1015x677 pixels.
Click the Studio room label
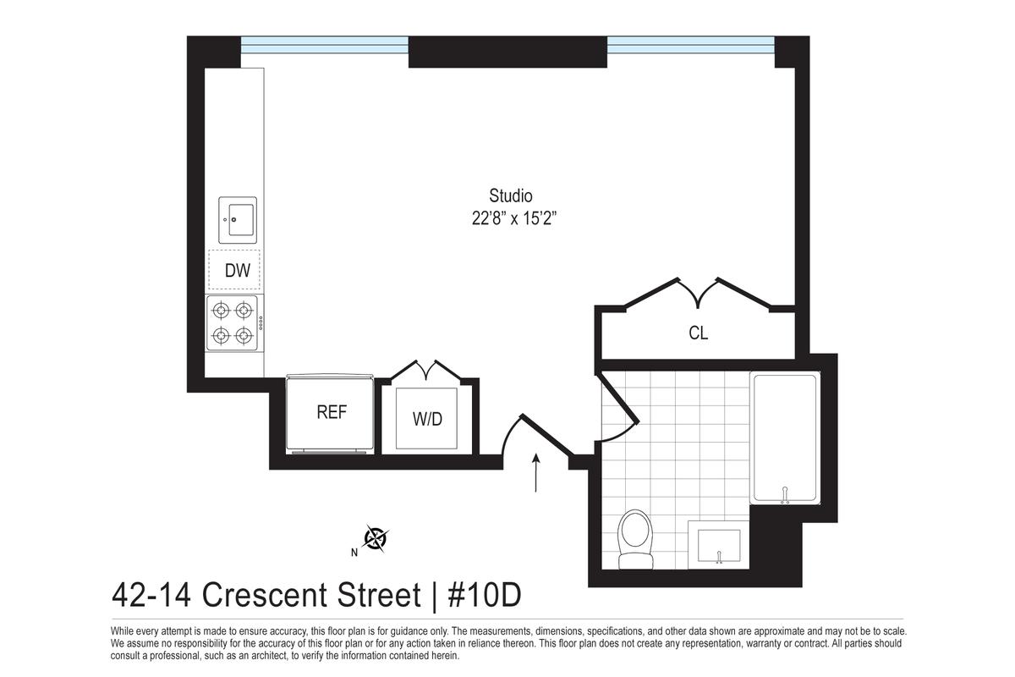[511, 195]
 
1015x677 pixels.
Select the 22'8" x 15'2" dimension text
[514, 219]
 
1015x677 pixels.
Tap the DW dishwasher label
[238, 271]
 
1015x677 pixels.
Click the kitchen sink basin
[238, 220]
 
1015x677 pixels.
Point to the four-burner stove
[233, 323]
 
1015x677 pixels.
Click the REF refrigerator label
[332, 412]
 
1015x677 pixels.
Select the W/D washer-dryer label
[427, 420]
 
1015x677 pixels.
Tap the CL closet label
[699, 333]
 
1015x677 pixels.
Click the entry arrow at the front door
[536, 472]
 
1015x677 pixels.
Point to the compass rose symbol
[376, 539]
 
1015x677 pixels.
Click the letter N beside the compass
[354, 553]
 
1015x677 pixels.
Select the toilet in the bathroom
[636, 539]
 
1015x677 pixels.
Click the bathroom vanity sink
[718, 545]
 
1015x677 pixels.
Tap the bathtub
[785, 438]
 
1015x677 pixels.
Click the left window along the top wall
[325, 46]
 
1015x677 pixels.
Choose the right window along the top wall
[690, 46]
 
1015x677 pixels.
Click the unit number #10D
[485, 596]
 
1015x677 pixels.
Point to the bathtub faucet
[785, 495]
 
